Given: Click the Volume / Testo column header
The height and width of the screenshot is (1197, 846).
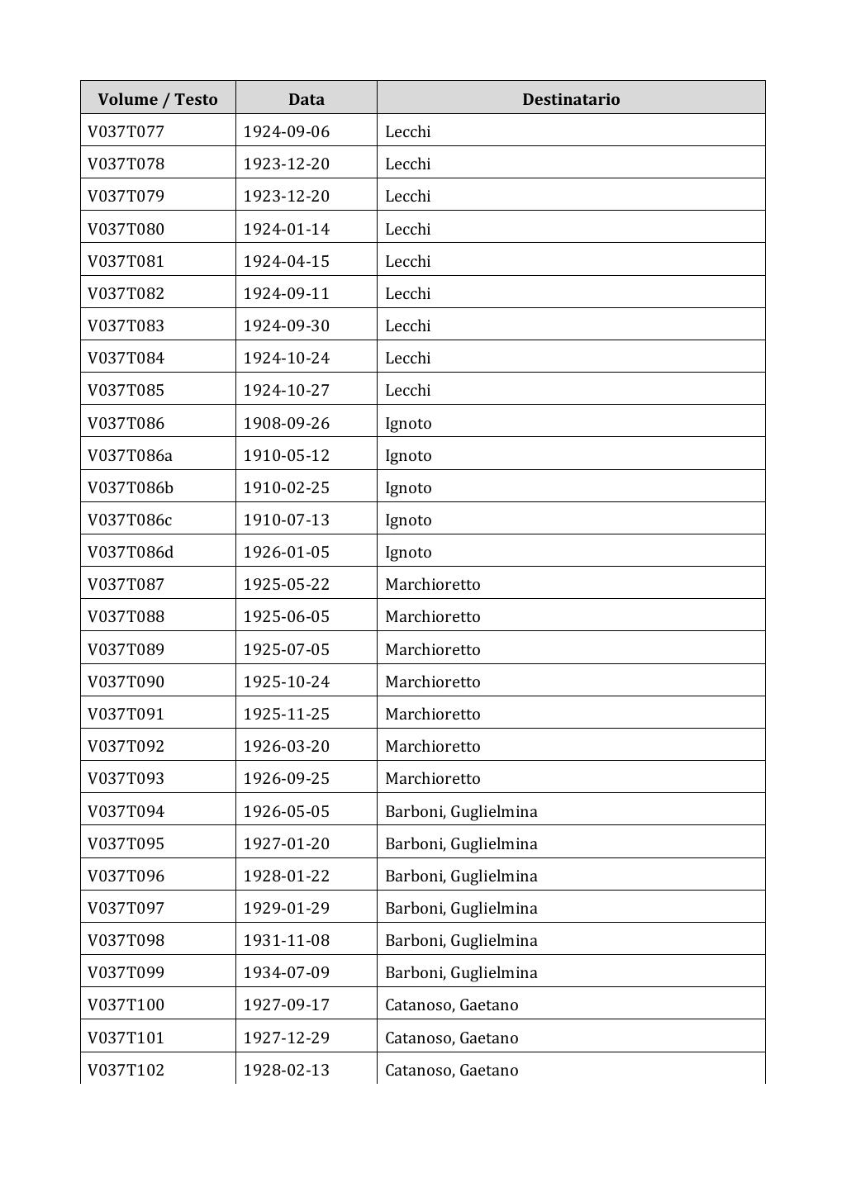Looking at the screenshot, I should click(x=157, y=99).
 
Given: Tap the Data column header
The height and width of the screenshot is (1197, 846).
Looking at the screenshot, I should click(x=306, y=99).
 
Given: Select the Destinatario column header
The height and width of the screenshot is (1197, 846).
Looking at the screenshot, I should click(x=570, y=99).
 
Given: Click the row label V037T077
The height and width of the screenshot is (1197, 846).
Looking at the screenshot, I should click(x=126, y=131).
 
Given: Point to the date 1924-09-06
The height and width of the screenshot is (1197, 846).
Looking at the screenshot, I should click(x=286, y=131).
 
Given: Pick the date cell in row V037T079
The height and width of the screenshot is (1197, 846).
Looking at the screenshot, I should click(x=286, y=196).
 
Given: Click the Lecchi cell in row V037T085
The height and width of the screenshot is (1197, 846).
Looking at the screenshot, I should click(x=408, y=390).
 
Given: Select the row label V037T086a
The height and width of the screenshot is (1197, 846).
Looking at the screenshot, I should click(x=131, y=455).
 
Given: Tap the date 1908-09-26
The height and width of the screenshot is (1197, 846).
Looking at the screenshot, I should click(x=286, y=423).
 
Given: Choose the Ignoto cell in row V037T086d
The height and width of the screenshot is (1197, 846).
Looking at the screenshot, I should click(x=408, y=552).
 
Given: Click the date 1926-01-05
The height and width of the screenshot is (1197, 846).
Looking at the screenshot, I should click(x=286, y=552).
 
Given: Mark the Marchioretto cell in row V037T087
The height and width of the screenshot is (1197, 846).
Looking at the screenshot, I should click(x=432, y=584).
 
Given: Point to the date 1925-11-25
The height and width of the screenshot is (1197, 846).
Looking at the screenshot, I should click(x=286, y=714).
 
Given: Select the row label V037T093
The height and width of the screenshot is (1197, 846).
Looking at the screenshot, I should click(x=126, y=778).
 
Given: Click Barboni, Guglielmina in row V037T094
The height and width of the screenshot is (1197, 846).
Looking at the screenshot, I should click(x=461, y=811).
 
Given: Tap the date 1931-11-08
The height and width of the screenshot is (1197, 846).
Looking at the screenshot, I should click(x=286, y=940).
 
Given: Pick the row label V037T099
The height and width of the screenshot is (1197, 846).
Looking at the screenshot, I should click(x=126, y=972).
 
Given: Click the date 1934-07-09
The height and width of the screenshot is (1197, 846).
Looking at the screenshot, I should click(x=286, y=972).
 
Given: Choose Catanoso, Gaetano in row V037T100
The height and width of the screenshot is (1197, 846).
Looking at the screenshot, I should click(x=452, y=1005).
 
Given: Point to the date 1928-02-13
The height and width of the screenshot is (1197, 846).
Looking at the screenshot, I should click(x=286, y=1070).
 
